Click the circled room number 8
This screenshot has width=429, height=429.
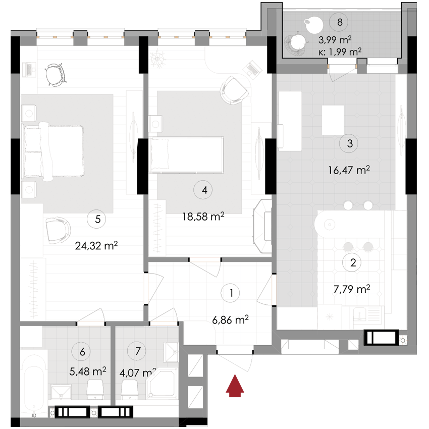pos(339,22)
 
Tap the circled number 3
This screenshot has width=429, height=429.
pos(349,143)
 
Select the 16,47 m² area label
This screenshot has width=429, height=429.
pos(349,171)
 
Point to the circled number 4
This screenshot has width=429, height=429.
pos(204,190)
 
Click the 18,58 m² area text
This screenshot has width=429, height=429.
pos(203,217)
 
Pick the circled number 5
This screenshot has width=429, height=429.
pos(97,219)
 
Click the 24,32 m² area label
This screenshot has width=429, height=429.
pos(96,246)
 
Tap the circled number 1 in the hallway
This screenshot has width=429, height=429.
pos(231,292)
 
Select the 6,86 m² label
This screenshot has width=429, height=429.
pos(231,319)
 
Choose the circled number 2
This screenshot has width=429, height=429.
pos(353,262)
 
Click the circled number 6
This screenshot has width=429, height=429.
pos(82,350)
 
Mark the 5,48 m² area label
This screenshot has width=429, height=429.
pos(87,371)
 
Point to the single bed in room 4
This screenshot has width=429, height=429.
pos(186,153)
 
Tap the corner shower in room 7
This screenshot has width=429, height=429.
pos(163,387)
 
